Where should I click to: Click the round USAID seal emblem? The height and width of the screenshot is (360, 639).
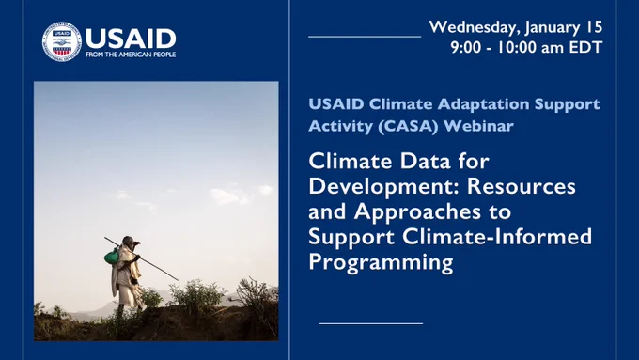[62, 42]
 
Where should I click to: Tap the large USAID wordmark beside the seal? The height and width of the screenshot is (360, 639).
[131, 39]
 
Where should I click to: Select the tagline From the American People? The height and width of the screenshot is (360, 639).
[131, 55]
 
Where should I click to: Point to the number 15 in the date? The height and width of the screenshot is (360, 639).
[594, 27]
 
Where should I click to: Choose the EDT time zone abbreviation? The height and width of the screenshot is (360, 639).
[585, 47]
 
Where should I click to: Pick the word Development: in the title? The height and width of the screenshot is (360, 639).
[384, 187]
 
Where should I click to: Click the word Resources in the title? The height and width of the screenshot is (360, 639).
[522, 186]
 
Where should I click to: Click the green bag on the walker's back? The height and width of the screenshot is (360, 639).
[112, 257]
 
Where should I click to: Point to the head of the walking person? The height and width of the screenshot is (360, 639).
[130, 242]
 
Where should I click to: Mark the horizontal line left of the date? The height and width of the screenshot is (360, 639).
[365, 37]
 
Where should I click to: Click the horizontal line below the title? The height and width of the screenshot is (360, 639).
[371, 323]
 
